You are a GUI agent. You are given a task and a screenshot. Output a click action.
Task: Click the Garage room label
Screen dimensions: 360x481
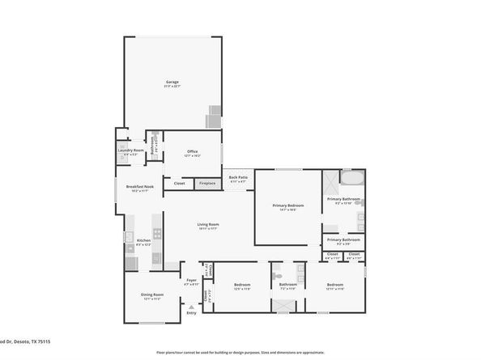172,83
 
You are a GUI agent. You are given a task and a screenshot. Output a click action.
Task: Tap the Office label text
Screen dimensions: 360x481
192,151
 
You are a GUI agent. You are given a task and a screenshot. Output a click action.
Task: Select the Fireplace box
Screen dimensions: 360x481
207,184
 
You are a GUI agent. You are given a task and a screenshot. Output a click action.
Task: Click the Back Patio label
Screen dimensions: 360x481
238,178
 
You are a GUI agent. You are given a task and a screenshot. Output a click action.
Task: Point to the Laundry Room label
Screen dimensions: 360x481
130,150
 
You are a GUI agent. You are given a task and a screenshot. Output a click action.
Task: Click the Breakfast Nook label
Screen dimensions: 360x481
138,188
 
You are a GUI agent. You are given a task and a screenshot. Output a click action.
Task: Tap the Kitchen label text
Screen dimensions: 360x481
143,241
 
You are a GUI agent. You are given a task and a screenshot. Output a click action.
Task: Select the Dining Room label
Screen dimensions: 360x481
153,295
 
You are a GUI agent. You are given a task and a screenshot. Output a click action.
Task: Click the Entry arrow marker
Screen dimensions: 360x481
191,307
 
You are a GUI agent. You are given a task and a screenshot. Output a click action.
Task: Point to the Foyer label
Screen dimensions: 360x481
191,282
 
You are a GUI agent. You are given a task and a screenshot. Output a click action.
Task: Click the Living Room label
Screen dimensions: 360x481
209,226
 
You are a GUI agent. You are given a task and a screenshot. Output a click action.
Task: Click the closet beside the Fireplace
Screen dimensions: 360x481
179,184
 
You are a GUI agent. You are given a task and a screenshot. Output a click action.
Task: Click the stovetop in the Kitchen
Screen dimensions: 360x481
157,233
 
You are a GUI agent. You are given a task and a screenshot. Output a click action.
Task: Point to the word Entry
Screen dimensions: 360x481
191,313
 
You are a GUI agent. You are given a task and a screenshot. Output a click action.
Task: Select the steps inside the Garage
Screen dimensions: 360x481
213,116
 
